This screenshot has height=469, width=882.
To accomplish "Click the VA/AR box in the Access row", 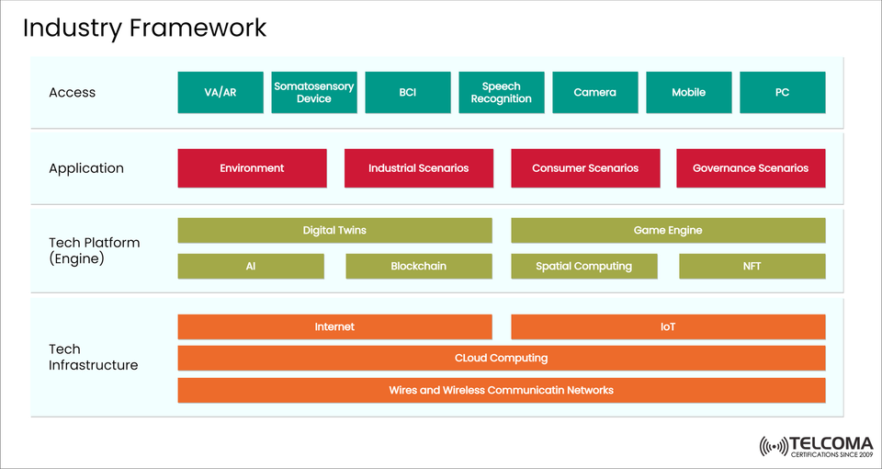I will click(220, 93).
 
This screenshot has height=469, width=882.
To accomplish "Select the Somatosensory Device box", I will click(314, 93).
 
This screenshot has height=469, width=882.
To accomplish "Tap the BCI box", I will click(408, 93).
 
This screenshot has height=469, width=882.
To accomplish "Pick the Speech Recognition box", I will click(502, 93).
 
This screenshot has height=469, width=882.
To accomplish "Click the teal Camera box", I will click(595, 93).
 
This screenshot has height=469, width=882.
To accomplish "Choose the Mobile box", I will click(689, 93).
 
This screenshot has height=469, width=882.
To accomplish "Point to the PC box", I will click(783, 93).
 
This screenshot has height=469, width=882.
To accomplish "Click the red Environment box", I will click(252, 168).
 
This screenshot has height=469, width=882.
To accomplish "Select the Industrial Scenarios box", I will click(419, 168).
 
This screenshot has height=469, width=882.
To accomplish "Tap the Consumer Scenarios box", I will click(585, 168).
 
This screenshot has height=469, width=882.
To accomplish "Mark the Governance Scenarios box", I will click(751, 168).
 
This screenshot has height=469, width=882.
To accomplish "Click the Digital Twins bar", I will click(334, 231).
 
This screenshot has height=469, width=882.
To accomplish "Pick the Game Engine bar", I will click(668, 231).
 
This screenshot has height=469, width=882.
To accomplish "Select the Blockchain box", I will click(419, 267).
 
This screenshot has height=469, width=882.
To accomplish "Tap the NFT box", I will click(752, 267).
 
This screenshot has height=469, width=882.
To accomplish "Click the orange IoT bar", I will click(668, 327).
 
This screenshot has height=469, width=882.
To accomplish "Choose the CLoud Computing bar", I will click(502, 359).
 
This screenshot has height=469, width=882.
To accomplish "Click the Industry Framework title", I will click(144, 28).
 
